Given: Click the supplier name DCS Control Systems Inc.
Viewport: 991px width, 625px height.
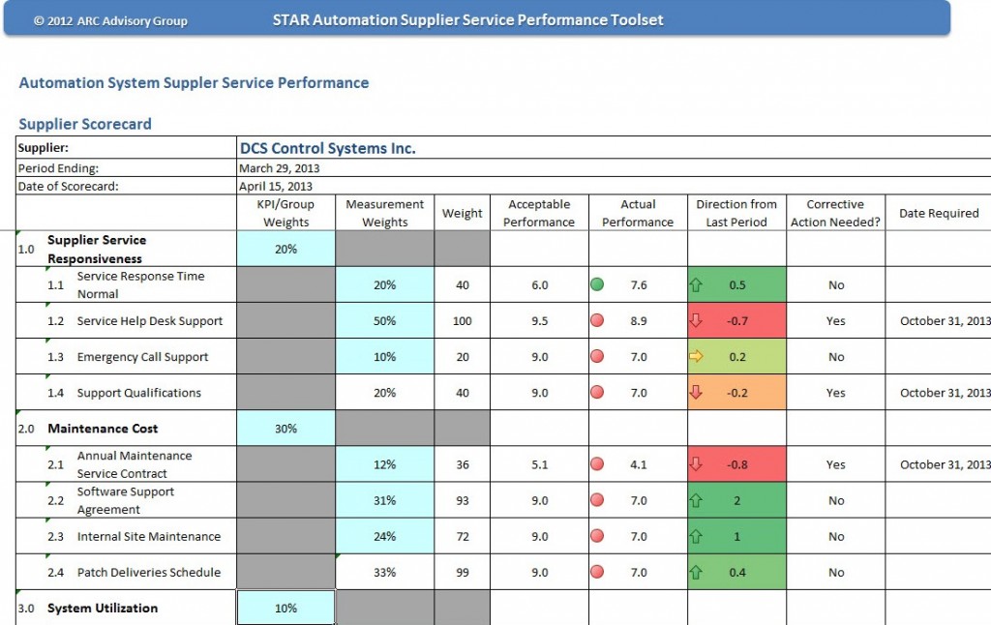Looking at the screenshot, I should click(x=327, y=148).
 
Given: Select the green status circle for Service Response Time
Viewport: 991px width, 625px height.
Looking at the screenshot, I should click(x=597, y=285).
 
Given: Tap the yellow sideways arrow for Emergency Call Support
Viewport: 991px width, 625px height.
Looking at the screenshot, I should click(x=695, y=357).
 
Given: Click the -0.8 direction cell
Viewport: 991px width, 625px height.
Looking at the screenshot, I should click(x=736, y=464).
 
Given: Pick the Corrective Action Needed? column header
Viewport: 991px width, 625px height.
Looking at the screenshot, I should click(x=835, y=213).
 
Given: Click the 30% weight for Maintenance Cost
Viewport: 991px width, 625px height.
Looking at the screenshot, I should click(x=285, y=429).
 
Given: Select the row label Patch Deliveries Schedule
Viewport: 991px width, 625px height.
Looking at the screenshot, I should click(x=149, y=572).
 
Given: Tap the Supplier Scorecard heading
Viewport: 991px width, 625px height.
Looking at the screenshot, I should click(x=85, y=124).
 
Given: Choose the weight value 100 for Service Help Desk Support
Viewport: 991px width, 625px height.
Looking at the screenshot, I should click(x=463, y=321).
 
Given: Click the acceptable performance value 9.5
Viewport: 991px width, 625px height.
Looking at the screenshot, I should click(x=539, y=321).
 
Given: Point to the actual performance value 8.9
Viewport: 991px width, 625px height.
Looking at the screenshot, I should click(x=638, y=321).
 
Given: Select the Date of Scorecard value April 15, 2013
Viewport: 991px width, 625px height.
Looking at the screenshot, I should click(x=276, y=186).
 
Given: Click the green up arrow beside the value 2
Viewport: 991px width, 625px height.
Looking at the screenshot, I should click(x=695, y=500).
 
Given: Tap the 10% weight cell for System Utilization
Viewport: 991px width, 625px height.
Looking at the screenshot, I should click(x=285, y=609).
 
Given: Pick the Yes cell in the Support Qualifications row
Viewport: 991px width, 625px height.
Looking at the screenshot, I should click(x=835, y=393).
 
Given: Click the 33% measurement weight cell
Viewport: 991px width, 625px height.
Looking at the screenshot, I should click(x=384, y=572).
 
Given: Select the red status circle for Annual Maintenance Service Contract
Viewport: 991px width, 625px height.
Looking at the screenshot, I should click(x=597, y=464).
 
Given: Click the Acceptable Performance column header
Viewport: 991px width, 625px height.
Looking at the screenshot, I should click(x=539, y=213).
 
